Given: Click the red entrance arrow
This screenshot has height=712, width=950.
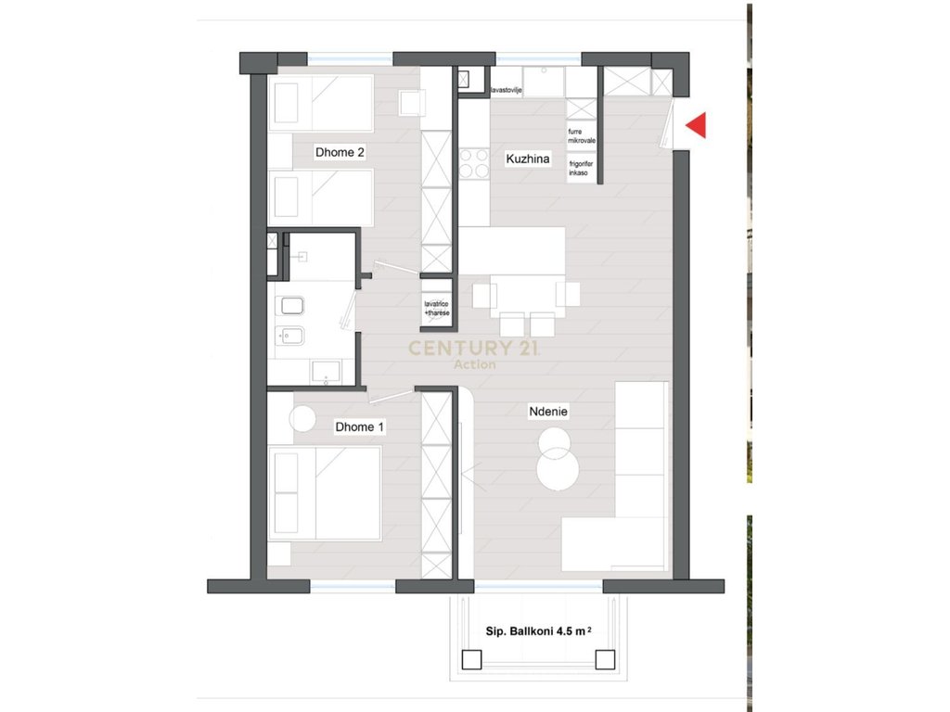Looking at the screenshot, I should (x=696, y=125).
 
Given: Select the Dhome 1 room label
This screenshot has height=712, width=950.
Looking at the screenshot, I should (x=360, y=427).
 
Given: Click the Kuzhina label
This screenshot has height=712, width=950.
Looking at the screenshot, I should (x=528, y=159).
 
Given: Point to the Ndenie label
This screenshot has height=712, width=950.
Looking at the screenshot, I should (x=548, y=411).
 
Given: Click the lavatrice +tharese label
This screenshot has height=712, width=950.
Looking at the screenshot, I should (x=436, y=308).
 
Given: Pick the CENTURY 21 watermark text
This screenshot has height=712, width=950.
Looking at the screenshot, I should (x=475, y=349).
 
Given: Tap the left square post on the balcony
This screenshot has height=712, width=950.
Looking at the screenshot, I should (x=471, y=660).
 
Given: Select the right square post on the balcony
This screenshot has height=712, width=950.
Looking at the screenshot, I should (x=605, y=660).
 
